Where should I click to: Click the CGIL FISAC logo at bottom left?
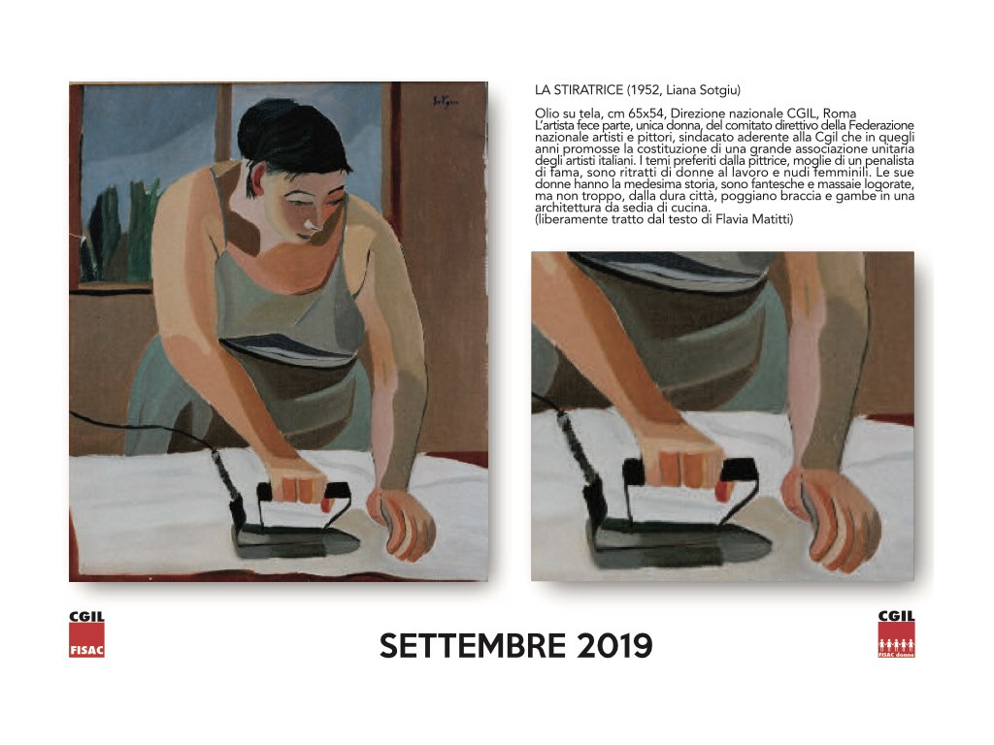[86, 633]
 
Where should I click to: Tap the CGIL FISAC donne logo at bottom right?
[896, 633]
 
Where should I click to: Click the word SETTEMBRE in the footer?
[473, 645]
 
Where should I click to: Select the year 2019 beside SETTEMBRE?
[614, 645]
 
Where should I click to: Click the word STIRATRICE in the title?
[588, 90]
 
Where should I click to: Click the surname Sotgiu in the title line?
[719, 90]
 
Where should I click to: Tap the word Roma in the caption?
[839, 114]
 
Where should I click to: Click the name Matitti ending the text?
[772, 220]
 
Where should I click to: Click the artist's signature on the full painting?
[446, 101]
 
